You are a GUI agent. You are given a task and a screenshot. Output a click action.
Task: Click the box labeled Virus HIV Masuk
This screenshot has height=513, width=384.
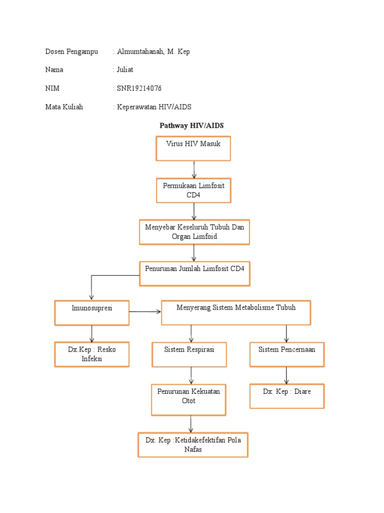193,148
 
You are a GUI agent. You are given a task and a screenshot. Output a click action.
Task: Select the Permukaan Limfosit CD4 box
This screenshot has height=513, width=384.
193,190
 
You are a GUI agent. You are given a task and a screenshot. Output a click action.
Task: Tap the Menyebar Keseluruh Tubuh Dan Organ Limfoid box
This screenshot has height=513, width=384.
194,232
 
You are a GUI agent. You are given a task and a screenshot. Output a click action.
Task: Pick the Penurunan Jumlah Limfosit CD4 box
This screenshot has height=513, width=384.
194,273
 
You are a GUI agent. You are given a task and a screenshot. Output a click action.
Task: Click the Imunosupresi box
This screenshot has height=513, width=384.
91,313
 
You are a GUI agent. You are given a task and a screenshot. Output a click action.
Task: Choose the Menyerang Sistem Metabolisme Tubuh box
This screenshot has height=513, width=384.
236,313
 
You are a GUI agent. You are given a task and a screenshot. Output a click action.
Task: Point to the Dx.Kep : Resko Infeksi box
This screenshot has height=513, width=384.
91,354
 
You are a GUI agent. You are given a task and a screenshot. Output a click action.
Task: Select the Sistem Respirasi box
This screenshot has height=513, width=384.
189,355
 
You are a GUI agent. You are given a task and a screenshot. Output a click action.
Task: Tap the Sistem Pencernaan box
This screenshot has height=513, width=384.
286,355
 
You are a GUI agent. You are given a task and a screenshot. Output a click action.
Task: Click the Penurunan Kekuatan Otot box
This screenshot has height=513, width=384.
188,399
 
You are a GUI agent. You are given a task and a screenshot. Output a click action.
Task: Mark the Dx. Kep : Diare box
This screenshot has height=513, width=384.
287,396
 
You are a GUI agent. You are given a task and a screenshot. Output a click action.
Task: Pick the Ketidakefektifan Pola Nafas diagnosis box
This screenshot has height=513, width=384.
192,445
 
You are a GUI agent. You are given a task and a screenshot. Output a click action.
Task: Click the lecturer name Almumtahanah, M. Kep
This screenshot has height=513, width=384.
153,52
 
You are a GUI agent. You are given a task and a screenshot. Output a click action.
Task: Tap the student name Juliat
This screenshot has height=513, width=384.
126,70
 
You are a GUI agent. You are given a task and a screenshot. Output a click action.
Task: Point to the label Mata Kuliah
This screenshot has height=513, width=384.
64,107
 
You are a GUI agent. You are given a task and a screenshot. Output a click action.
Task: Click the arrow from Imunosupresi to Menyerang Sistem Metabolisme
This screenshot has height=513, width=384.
145,312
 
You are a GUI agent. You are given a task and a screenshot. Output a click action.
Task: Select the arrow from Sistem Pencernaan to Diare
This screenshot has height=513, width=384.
286,375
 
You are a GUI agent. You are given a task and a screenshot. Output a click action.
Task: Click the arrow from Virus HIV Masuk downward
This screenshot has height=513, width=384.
193,169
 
